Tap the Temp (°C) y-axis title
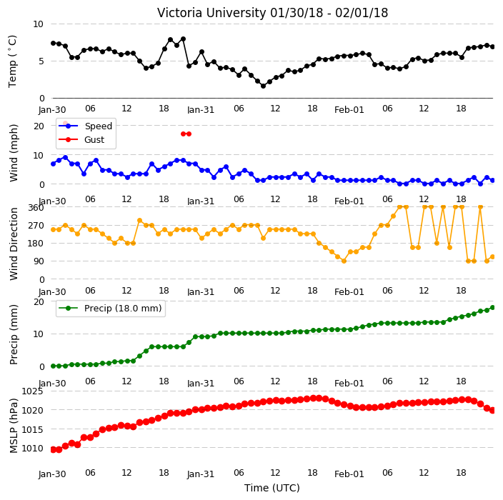pos(12,61)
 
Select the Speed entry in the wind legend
pos(98,126)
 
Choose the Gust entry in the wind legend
pos(94,139)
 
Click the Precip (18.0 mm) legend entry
pos(123,308)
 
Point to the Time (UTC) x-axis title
pos(272,488)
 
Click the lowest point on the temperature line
pos(263,86)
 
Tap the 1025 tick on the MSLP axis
pos(32,391)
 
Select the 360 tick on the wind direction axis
pos(36,208)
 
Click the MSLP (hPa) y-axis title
pos(13,426)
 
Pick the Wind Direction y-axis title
pos(14,244)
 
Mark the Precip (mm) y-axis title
pos(13,334)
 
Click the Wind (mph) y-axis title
pos(14,153)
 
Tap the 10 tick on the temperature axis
pos(38,24)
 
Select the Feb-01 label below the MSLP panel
pos(349,474)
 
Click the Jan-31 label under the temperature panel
pos(201,110)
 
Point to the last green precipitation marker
pos(493,308)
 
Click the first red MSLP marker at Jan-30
pos(54,450)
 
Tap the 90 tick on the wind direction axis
pos(39,261)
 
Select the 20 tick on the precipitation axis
pos(39,302)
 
